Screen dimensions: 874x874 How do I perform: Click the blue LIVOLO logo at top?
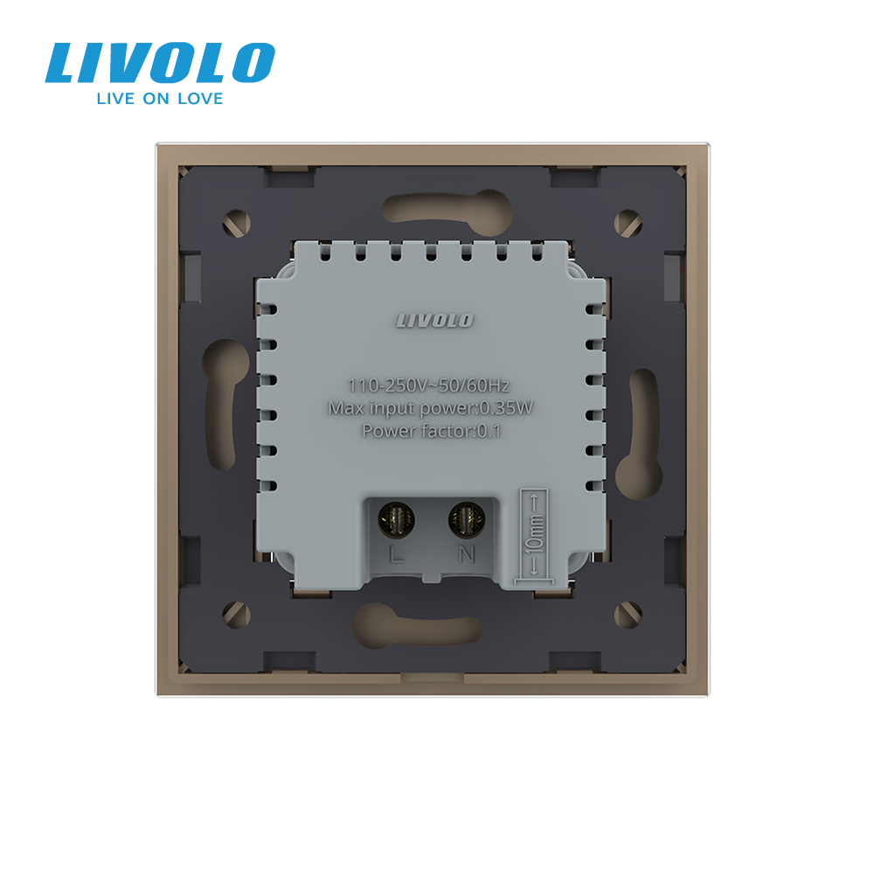[160, 62]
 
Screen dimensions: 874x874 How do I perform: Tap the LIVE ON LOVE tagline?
[160, 99]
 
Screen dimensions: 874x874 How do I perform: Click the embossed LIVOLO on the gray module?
[434, 321]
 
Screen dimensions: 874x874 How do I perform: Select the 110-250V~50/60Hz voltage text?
[428, 385]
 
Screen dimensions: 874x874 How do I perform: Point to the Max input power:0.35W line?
[430, 408]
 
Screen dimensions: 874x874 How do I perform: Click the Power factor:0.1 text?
[432, 431]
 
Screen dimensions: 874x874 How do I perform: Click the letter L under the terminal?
[396, 555]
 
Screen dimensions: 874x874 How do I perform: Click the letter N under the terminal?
[467, 555]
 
